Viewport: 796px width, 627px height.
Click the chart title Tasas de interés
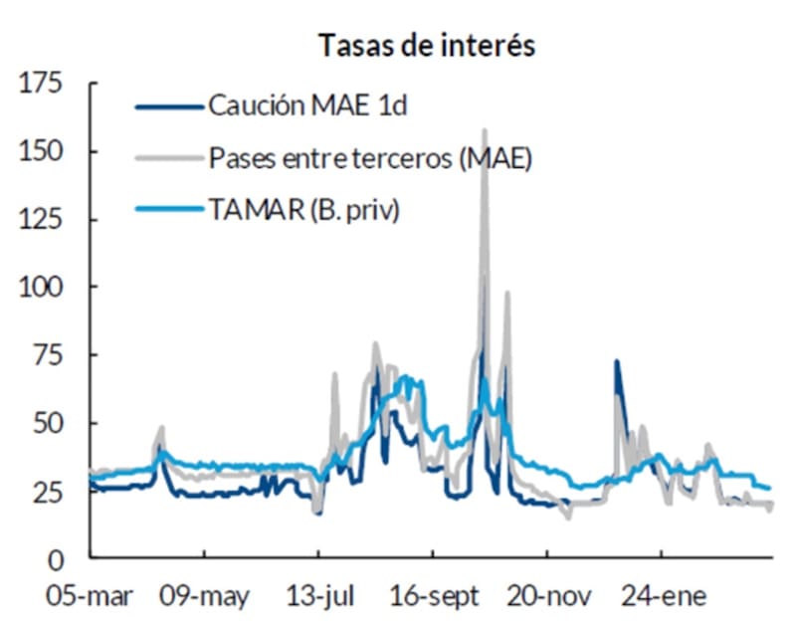[427, 46]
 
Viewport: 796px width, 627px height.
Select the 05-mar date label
[92, 597]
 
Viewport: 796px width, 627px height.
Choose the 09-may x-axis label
[205, 597]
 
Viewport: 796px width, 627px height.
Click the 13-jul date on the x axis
[318, 597]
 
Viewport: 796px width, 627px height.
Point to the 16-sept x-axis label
[434, 597]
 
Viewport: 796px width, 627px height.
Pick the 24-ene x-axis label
[664, 597]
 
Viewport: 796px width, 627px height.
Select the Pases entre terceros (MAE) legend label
[369, 158]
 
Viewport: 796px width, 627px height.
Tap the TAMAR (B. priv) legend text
[303, 210]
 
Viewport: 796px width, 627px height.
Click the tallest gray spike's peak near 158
[485, 130]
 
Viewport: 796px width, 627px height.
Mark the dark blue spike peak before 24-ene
[616, 362]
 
